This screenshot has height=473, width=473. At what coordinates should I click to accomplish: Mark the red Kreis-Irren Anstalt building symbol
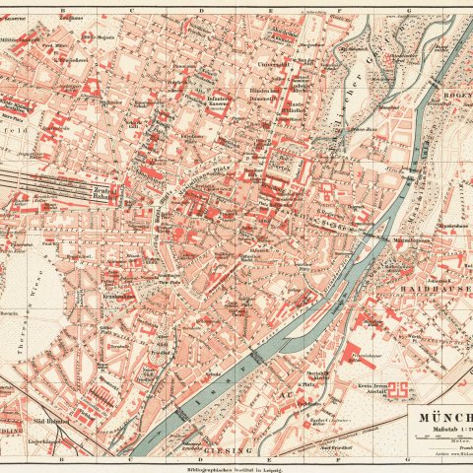[402, 392]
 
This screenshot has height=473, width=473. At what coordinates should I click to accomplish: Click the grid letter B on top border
[62, 5]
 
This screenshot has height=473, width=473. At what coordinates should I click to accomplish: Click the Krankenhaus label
[119, 297]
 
